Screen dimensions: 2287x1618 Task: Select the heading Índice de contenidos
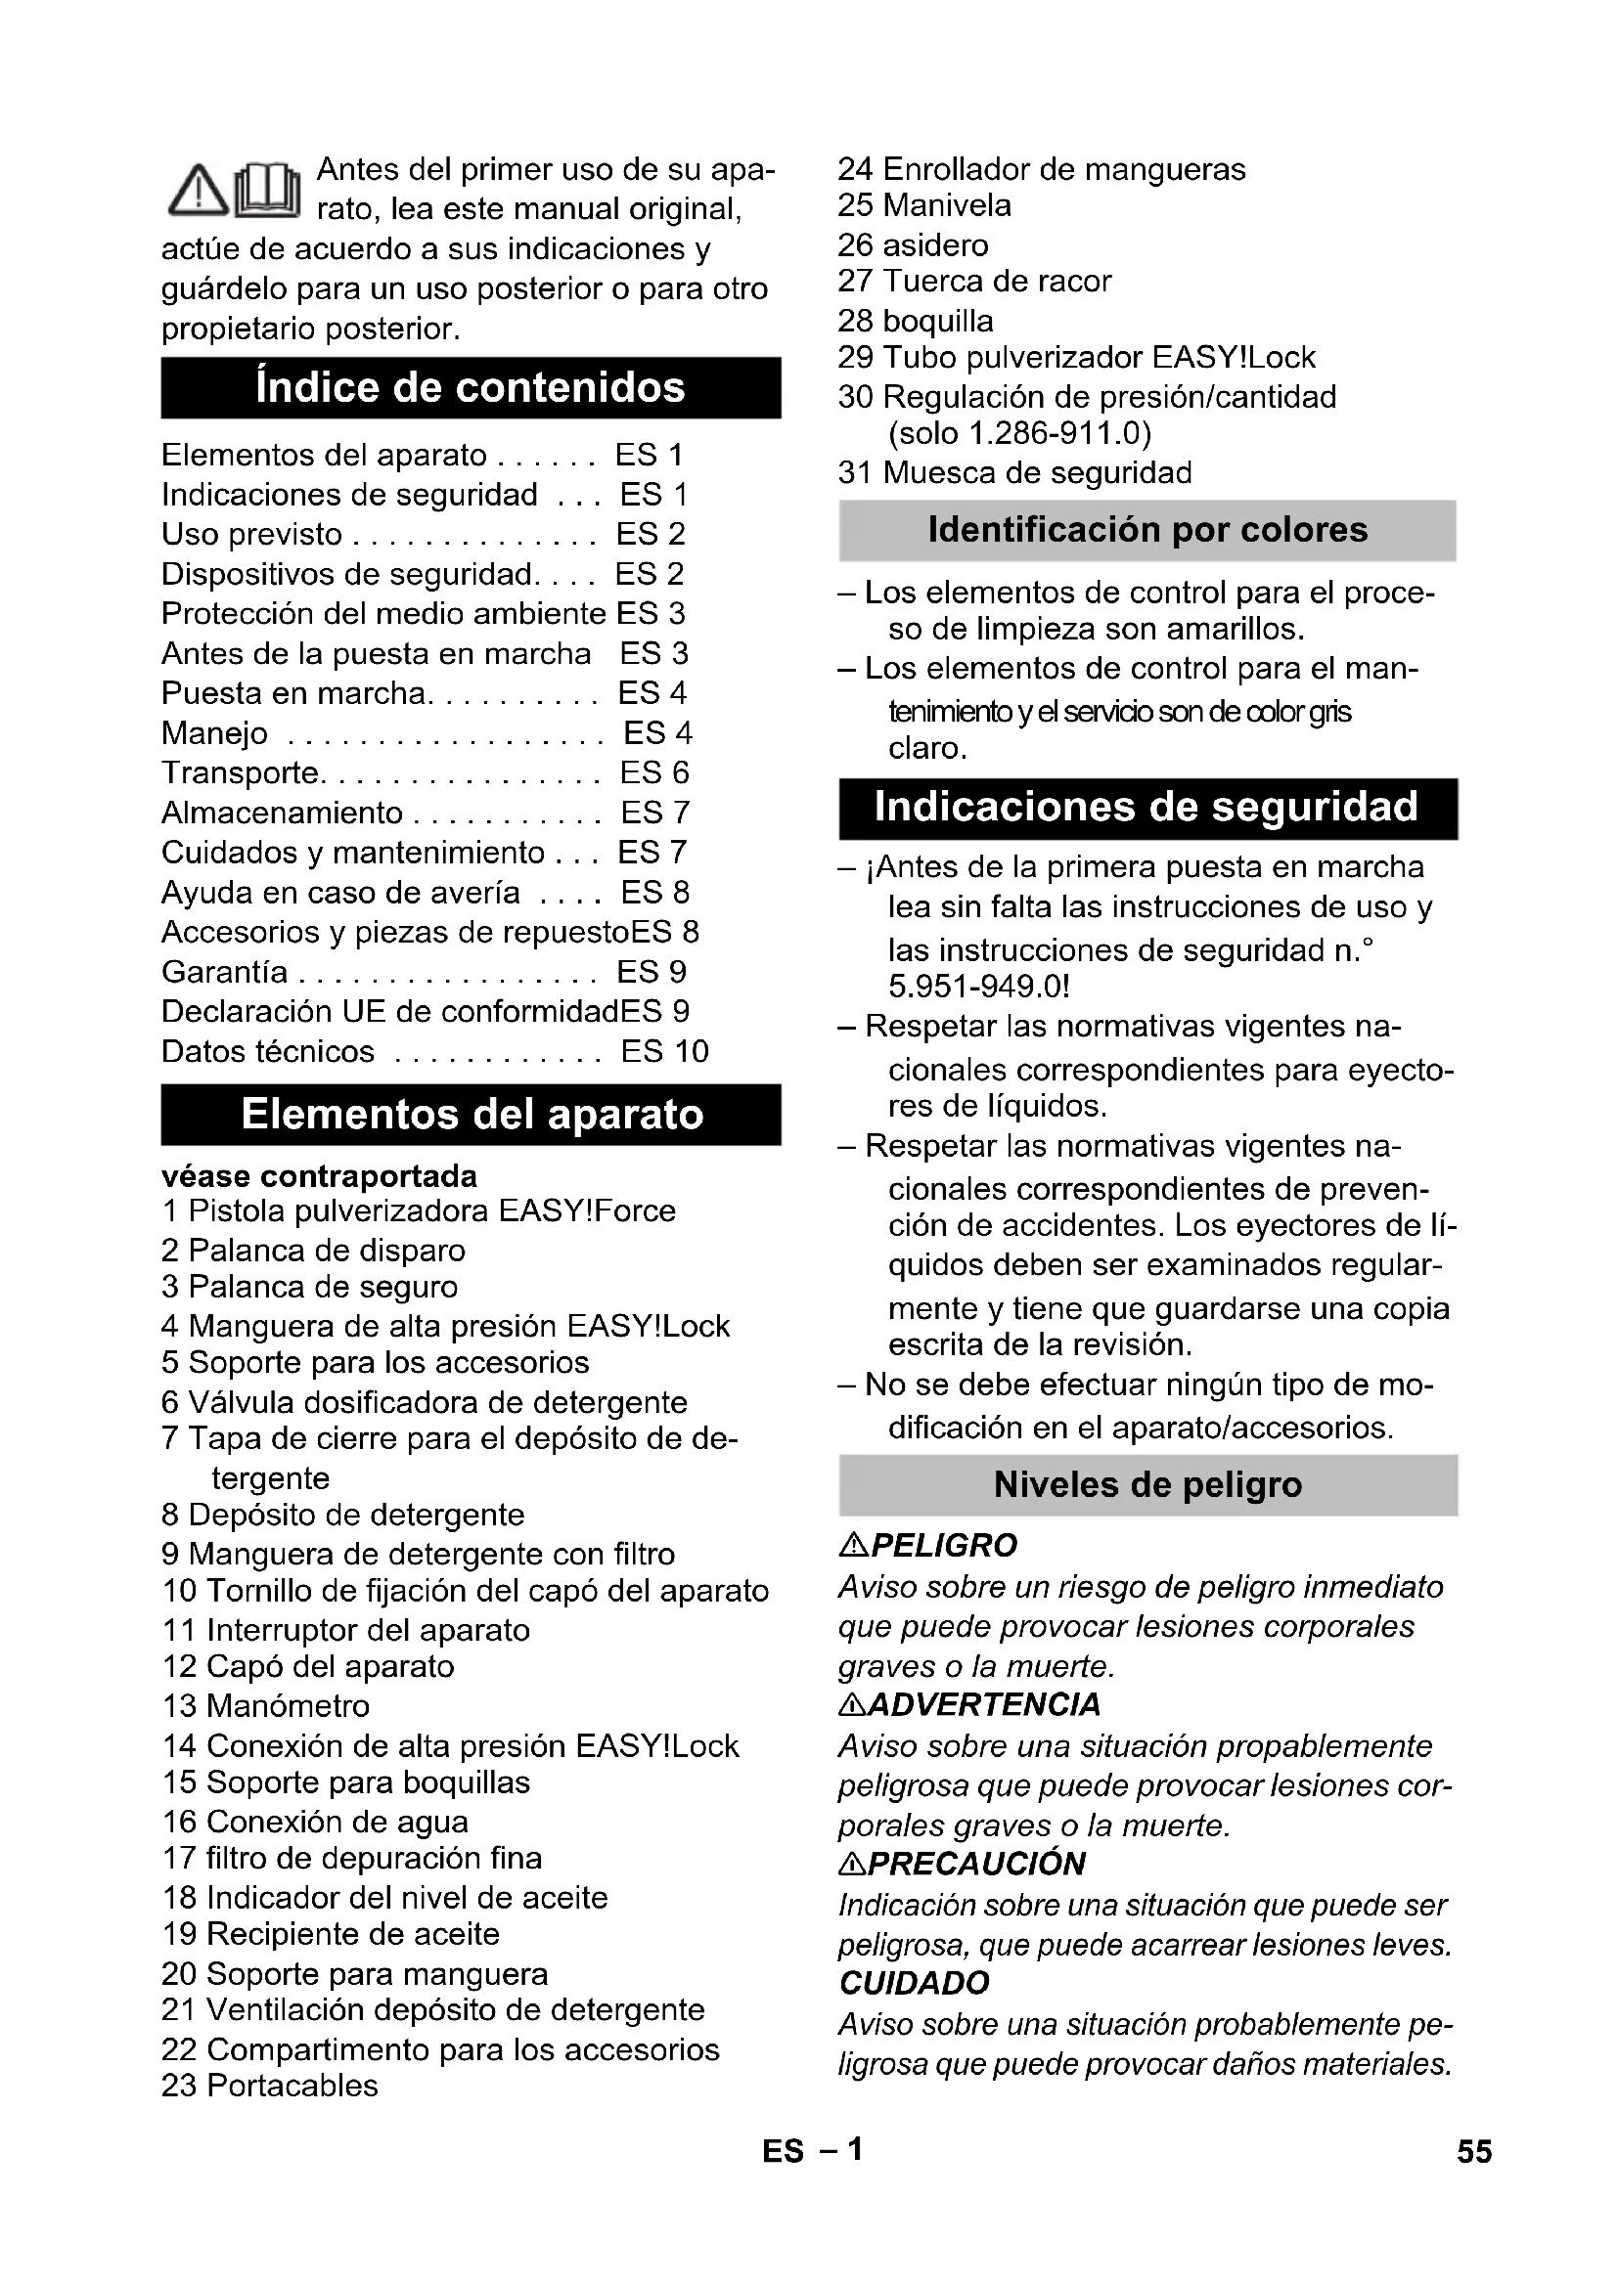tap(471, 387)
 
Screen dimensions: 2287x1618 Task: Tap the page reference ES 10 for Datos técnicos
tap(664, 1051)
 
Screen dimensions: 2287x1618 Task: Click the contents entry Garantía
tap(225, 971)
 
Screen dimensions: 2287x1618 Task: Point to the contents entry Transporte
tap(239, 772)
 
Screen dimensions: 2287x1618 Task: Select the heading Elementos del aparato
tap(472, 1114)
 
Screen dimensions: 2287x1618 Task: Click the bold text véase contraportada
tap(319, 1176)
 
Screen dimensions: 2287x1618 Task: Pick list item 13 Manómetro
tap(266, 1705)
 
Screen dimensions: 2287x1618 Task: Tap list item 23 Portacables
tap(270, 2085)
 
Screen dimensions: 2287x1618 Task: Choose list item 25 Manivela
tap(924, 205)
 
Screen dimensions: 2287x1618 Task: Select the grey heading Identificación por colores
tap(1147, 530)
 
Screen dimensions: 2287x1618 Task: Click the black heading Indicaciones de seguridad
tap(1147, 808)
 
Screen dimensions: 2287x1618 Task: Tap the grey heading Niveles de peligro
tap(1147, 1484)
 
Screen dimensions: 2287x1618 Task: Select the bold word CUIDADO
tap(915, 1983)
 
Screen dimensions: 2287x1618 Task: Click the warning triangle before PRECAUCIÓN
tap(853, 1864)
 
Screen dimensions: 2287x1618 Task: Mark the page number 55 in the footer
tap(1474, 2151)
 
